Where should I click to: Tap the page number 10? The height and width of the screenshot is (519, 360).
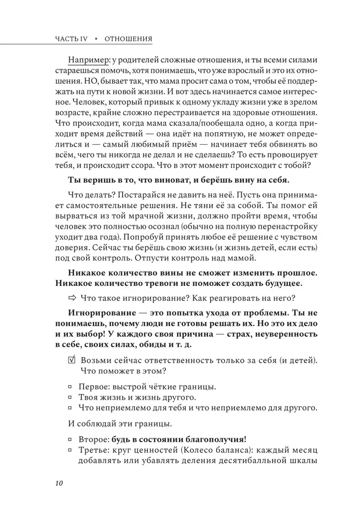coord(58,484)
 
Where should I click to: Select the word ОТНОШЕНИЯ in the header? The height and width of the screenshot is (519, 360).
coord(128,39)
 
